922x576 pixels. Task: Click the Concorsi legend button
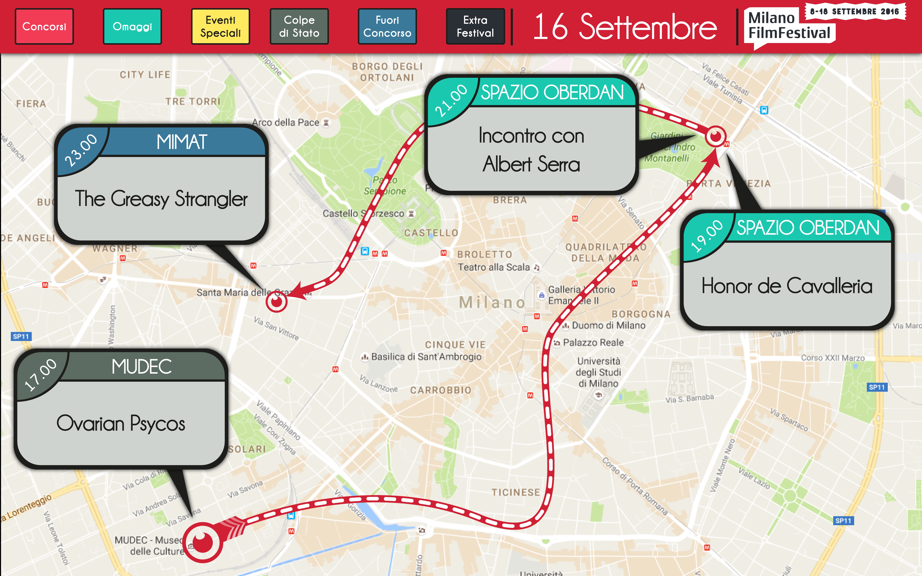[44, 26]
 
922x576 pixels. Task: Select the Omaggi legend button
[132, 26]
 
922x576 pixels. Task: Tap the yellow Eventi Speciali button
[220, 26]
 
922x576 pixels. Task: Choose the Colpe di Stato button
[299, 26]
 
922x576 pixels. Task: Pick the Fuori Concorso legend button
[387, 26]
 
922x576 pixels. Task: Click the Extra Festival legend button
[475, 26]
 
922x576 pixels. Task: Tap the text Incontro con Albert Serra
[531, 150]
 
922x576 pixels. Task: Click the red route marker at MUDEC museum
[203, 542]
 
